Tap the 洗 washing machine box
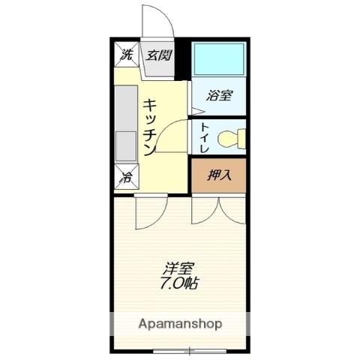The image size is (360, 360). (x=127, y=55)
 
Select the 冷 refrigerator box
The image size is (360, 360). (x=127, y=177)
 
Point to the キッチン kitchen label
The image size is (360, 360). (x=150, y=127)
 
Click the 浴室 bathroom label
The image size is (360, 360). (x=219, y=95)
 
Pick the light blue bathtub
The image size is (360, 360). (x=219, y=59)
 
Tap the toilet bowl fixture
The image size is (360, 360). (x=232, y=139)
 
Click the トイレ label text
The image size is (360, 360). (x=205, y=138)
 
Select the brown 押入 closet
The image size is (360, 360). (x=219, y=175)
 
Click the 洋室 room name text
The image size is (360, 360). (x=178, y=268)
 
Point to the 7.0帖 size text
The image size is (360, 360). (x=179, y=283)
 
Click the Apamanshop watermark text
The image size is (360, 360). (x=180, y=324)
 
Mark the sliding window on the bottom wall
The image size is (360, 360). (x=190, y=351)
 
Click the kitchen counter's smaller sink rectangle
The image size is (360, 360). (x=126, y=146)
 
